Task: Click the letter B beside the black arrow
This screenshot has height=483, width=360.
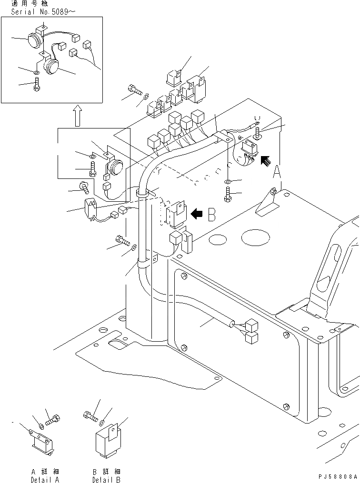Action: [x=212, y=215]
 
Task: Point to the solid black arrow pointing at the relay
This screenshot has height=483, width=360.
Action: [x=196, y=214]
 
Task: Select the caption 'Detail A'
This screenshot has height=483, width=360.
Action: [x=45, y=479]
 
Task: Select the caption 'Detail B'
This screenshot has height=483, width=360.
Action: [x=106, y=479]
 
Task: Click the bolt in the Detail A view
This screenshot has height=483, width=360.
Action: [x=53, y=419]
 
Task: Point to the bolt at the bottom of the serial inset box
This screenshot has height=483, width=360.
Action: [x=36, y=87]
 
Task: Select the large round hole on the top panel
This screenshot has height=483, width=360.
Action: [x=256, y=236]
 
